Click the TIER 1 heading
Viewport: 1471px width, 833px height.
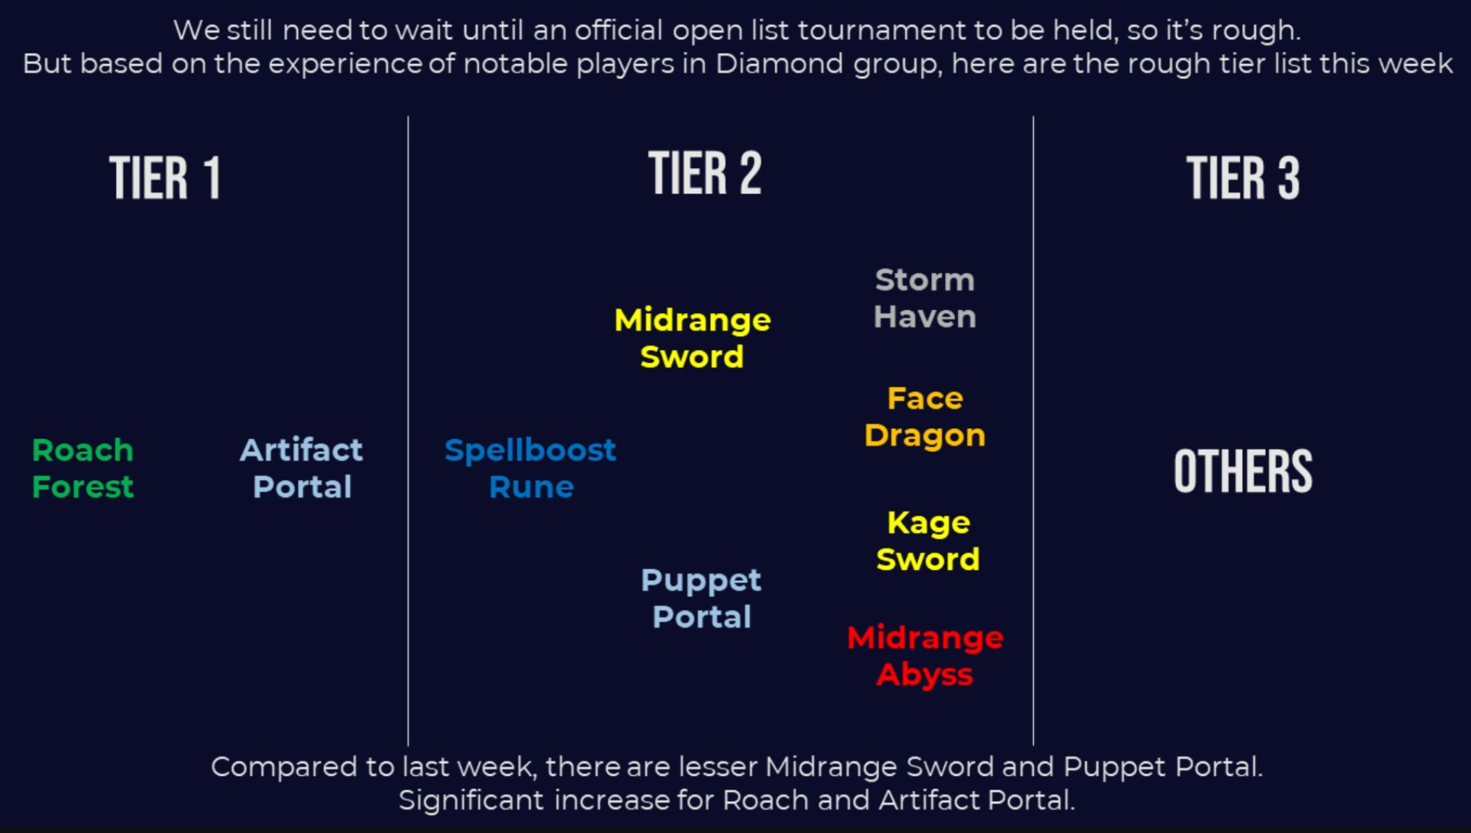164,177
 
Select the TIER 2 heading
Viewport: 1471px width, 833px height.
705,173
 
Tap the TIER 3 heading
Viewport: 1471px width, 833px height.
1243,177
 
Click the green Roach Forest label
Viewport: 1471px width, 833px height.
83,469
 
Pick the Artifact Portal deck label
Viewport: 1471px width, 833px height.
301,469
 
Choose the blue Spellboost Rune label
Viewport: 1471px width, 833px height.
530,469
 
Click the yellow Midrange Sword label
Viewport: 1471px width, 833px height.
693,338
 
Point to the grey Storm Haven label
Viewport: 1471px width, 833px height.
925,298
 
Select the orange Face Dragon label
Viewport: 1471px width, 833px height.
925,416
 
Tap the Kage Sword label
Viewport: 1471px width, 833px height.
928,541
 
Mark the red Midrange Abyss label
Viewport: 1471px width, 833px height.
925,656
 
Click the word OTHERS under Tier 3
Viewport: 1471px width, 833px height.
1243,472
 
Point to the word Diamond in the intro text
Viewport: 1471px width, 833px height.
780,64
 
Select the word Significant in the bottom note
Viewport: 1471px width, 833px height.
471,800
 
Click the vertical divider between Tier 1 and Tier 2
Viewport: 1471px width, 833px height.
408,431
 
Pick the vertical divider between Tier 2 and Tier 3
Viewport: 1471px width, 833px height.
1033,431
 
